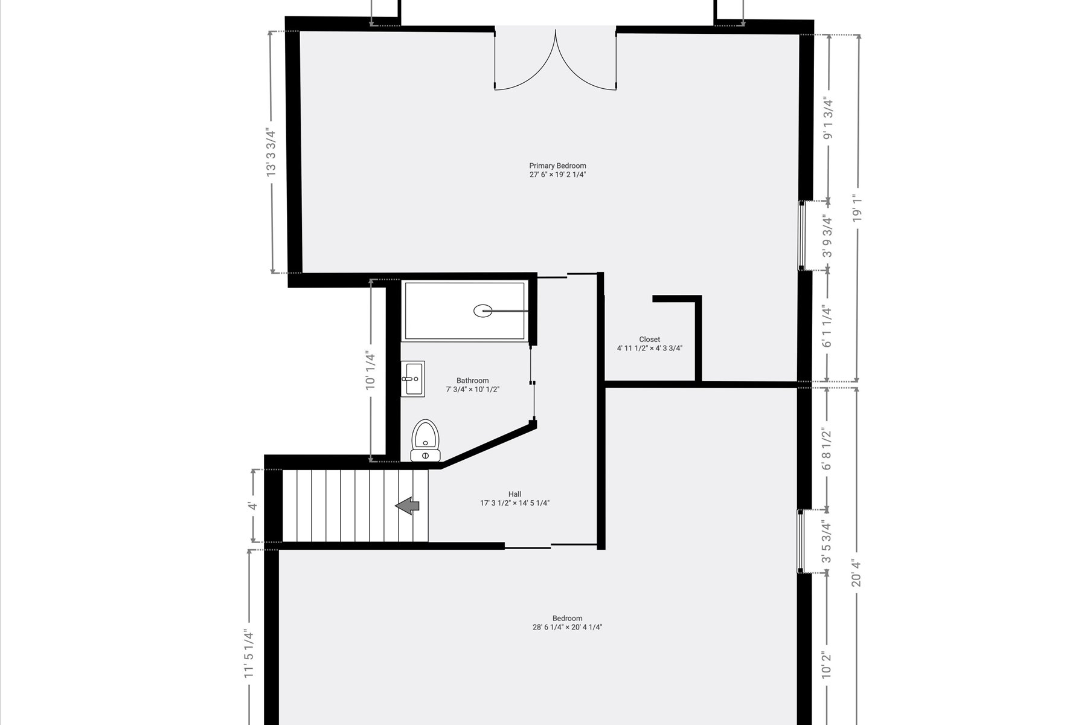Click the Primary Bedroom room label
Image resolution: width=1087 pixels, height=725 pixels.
click(557, 166)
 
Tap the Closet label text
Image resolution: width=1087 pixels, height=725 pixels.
click(649, 340)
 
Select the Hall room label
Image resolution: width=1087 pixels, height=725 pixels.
click(515, 494)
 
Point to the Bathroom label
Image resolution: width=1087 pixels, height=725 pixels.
click(472, 381)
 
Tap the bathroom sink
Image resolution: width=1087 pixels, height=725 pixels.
click(413, 379)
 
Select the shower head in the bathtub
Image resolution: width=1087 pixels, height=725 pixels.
click(484, 311)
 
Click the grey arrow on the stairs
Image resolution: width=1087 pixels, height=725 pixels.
click(408, 505)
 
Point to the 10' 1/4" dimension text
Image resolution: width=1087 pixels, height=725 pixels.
click(370, 370)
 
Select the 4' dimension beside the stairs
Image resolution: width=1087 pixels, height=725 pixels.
click(253, 506)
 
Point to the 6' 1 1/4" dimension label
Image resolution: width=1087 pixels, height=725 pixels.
click(827, 327)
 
